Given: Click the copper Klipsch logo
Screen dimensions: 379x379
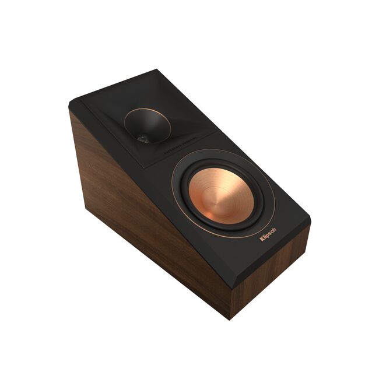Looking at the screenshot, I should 268,235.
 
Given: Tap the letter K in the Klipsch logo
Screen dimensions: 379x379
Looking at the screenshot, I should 262,240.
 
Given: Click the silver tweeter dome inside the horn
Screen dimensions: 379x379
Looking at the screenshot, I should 142,138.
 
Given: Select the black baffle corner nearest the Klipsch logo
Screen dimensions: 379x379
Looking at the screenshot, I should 310,222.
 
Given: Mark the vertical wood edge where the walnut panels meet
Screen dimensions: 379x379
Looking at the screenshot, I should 234,292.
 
